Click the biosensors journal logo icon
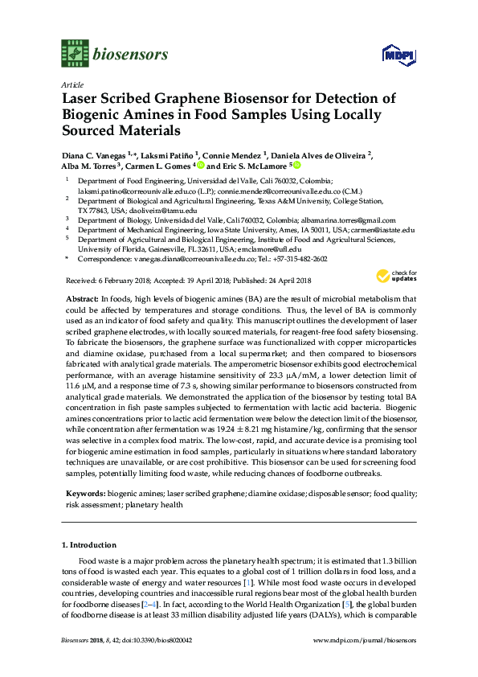click(x=75, y=55)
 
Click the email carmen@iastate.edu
click(x=386, y=229)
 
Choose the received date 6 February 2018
click(x=121, y=280)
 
